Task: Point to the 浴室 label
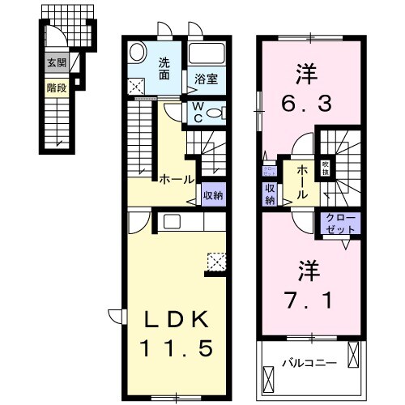click(206, 79)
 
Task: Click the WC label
click(197, 112)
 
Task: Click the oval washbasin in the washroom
click(139, 51)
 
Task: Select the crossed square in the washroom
click(135, 84)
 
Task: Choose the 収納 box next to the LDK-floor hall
click(214, 195)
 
